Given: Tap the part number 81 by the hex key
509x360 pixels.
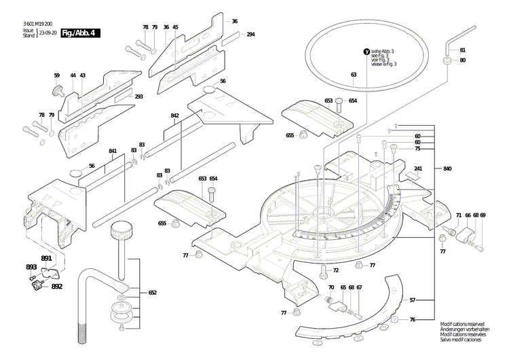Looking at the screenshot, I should (462, 50).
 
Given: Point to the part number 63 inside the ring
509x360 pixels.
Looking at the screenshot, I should (354, 74).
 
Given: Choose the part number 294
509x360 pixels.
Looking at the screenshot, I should (250, 34).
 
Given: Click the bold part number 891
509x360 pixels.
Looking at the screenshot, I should (46, 259).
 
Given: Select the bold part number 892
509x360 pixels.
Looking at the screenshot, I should (56, 287).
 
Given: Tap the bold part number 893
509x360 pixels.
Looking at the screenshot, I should (31, 267).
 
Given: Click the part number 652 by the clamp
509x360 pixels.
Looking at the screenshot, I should (153, 293).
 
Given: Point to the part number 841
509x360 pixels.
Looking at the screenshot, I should (113, 151).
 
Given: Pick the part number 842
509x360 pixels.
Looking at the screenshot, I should (174, 116).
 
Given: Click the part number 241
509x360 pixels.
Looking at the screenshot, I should (418, 168).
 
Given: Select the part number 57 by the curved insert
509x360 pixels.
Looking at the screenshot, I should (412, 300).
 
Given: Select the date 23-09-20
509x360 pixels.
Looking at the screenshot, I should (48, 33).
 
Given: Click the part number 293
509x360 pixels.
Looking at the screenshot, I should (138, 96).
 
